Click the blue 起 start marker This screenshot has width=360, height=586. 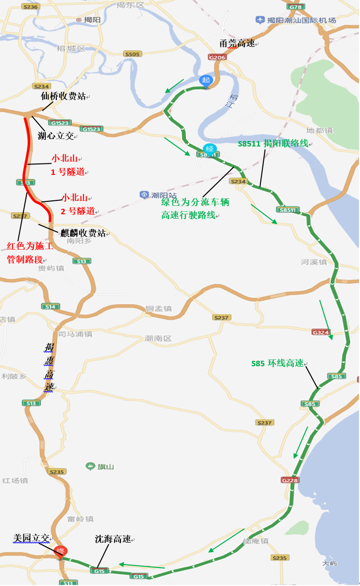point(205,80)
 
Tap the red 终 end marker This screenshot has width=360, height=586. point(62,552)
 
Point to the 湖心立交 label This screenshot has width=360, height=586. point(56,136)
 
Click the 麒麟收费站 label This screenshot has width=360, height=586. point(84,233)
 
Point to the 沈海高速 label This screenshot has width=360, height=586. point(113,539)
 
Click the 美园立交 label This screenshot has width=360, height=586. point(31,538)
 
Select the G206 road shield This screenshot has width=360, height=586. point(218,57)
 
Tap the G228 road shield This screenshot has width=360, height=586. point(289,480)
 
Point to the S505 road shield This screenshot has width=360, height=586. point(132,54)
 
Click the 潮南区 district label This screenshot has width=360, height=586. point(158,338)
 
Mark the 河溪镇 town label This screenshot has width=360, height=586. point(314,262)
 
